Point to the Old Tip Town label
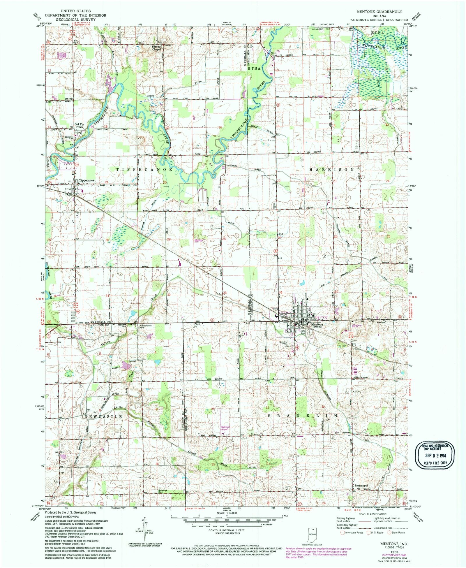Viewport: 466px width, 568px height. [79, 126]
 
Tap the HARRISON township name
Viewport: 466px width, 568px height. [331, 169]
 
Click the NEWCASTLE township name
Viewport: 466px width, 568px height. [103, 416]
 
